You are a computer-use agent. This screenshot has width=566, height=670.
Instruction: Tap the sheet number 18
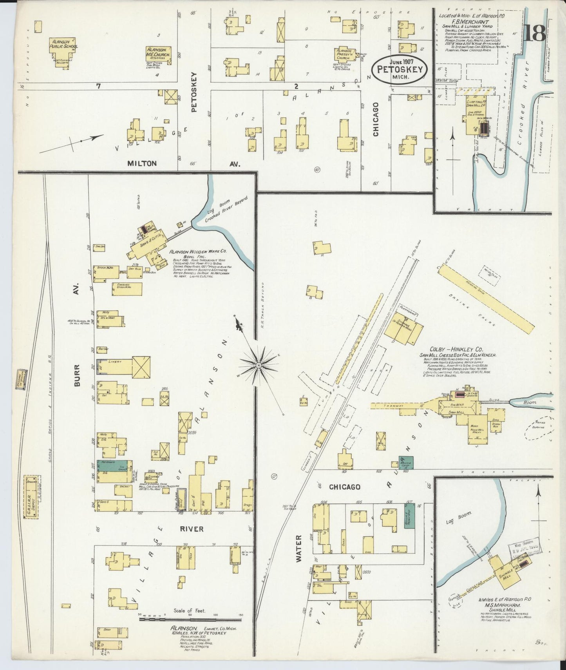point(534,33)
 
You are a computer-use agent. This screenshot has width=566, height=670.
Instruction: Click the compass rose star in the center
point(259,365)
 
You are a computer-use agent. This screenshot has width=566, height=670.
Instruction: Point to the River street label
point(192,529)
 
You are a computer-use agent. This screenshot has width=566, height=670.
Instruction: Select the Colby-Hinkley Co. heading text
point(456,349)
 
